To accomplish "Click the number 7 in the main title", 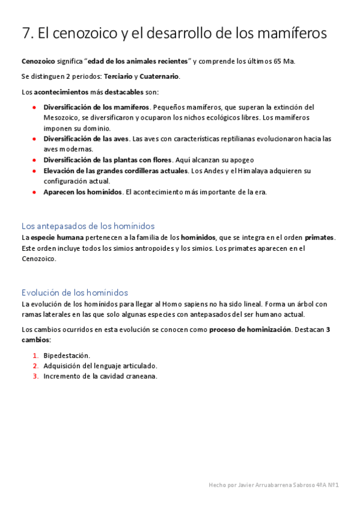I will [x=26, y=34].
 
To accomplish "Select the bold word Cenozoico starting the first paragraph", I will [x=37, y=61].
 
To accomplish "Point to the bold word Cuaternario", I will [x=159, y=77].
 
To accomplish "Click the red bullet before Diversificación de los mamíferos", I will [x=35, y=107].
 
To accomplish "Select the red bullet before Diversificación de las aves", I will [x=35, y=139].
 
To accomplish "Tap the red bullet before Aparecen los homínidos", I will [x=35, y=192].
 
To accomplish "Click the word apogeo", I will [x=240, y=160].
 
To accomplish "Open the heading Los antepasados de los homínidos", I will [x=88, y=226].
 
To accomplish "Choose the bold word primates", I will [x=320, y=238].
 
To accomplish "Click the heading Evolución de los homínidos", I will [x=75, y=292].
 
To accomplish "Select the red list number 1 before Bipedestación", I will [x=35, y=355].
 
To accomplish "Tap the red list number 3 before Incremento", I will [x=35, y=376].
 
